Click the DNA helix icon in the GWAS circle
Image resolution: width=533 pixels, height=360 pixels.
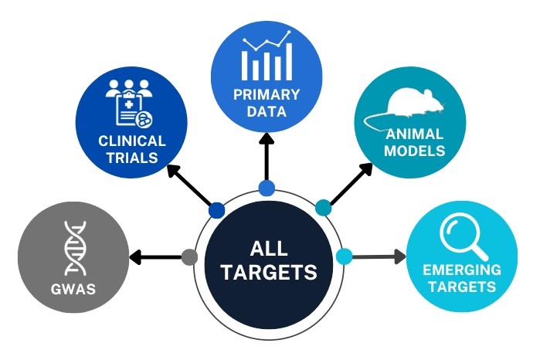tap(76, 248)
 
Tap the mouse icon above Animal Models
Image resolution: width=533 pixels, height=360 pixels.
tap(410, 104)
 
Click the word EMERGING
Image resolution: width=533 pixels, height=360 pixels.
tap(462, 271)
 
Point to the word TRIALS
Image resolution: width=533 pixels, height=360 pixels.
tap(132, 158)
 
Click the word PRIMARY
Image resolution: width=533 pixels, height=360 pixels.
tap(266, 95)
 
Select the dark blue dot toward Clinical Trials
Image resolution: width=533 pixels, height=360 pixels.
tap(217, 209)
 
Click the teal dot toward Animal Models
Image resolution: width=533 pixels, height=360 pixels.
tap(324, 207)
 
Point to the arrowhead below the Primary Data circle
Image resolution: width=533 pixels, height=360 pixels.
tap(266, 141)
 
